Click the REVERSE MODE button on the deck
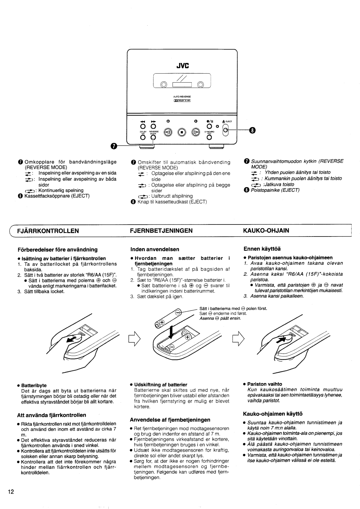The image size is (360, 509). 154,138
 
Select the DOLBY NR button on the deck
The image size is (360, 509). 142,138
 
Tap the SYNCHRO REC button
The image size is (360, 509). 209,138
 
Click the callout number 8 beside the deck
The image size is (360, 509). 252,130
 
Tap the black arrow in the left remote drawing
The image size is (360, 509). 71,339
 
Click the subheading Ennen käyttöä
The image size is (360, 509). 262,249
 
